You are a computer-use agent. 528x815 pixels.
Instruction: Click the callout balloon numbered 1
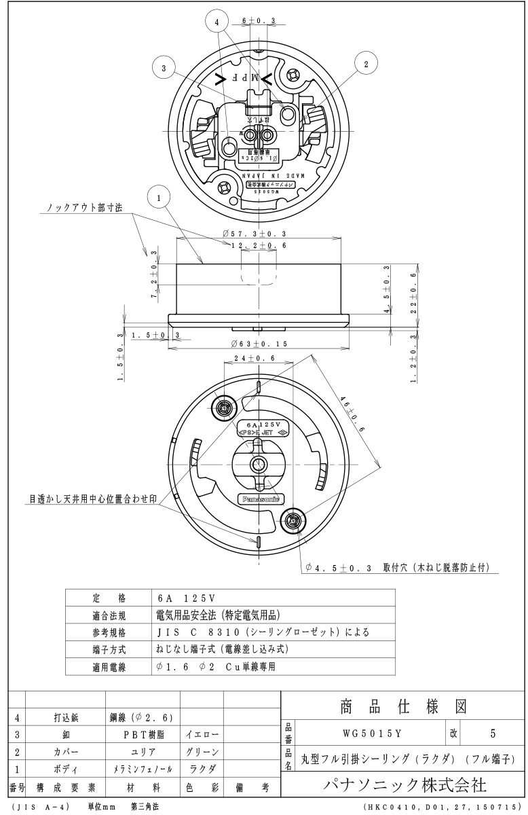pos(158,198)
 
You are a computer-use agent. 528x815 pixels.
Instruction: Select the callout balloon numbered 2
pos(366,64)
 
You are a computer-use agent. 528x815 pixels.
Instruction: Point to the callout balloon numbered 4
pos(216,22)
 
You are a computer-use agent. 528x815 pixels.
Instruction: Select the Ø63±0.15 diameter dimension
pos(258,344)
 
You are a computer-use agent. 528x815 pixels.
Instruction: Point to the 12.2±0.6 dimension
pos(259,245)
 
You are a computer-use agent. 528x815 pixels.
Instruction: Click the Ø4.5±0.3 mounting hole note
pos(397,567)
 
